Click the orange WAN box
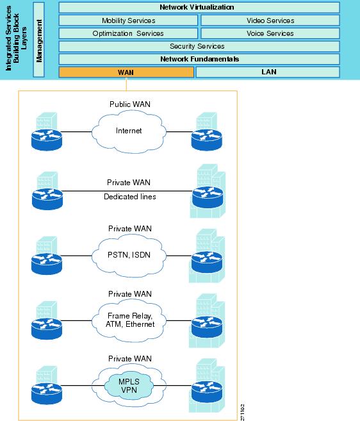coord(126,72)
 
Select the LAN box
coord(268,72)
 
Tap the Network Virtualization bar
coord(199,8)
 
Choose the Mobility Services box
coord(128,21)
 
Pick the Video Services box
coord(270,21)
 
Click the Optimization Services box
coord(128,33)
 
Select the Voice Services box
coord(270,33)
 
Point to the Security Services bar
coord(199,46)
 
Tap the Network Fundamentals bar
coord(199,59)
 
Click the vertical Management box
coord(38,40)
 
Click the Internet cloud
coord(129,131)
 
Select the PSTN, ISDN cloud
coord(129,256)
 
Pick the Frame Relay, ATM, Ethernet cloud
coord(129,320)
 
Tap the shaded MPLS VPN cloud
coord(129,386)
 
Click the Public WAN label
coord(130,104)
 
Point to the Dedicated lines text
coord(130,197)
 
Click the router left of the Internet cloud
coord(47,139)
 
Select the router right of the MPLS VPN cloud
coord(207,392)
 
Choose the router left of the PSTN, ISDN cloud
coord(47,263)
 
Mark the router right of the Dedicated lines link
coord(208,197)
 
